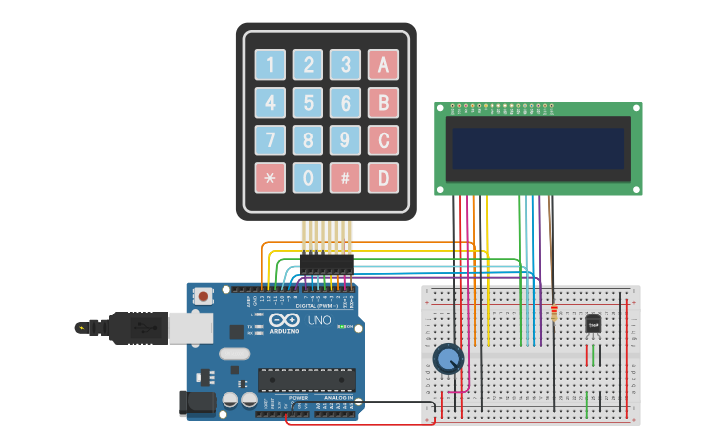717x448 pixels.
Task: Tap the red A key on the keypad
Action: coord(383,65)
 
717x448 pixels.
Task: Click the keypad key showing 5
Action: coord(308,103)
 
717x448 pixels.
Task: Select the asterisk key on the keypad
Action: coord(270,178)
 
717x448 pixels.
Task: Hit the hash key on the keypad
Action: coord(345,178)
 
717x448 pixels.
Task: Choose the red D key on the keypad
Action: coord(383,178)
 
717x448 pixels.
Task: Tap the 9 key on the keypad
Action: coord(345,140)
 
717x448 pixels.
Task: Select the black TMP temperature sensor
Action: coord(593,323)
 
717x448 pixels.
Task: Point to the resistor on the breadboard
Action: coord(553,315)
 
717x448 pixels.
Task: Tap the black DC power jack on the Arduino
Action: coord(195,402)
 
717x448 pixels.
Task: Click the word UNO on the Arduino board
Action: coord(320,320)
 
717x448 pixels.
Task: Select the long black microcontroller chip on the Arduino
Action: coord(307,379)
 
